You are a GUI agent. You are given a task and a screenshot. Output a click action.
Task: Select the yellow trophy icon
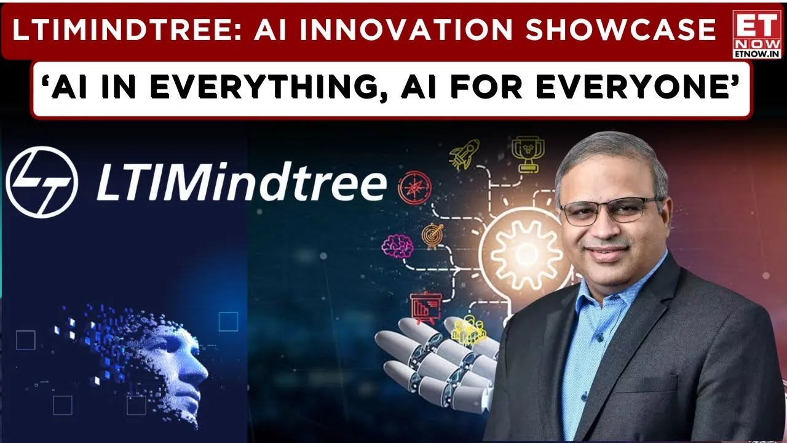(x=528, y=154)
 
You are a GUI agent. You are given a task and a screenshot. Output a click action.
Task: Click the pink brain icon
(x=397, y=246)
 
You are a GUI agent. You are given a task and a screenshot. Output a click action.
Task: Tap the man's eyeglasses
(x=612, y=210)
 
